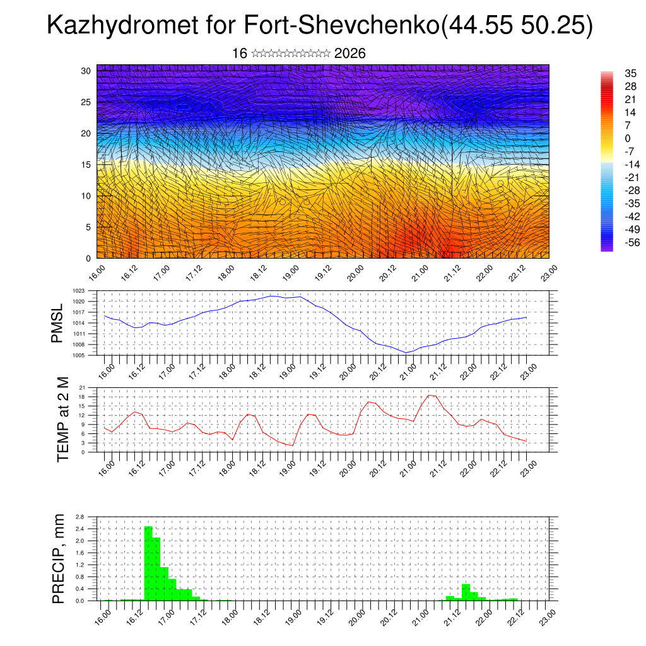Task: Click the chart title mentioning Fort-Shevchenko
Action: point(320,26)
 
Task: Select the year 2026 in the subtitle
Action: point(350,54)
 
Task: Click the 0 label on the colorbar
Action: point(627,138)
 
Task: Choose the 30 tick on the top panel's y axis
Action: point(86,71)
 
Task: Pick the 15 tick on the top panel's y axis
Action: point(86,165)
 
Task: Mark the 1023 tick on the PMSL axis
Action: point(78,291)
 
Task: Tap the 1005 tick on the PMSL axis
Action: point(78,355)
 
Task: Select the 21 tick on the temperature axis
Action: point(82,387)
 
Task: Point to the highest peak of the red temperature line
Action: point(429,395)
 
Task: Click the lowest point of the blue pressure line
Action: point(407,353)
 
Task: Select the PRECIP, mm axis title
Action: point(59,559)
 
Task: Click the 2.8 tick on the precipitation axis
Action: point(79,516)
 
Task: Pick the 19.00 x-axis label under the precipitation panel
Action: point(293,616)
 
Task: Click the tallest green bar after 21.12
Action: point(466,592)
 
